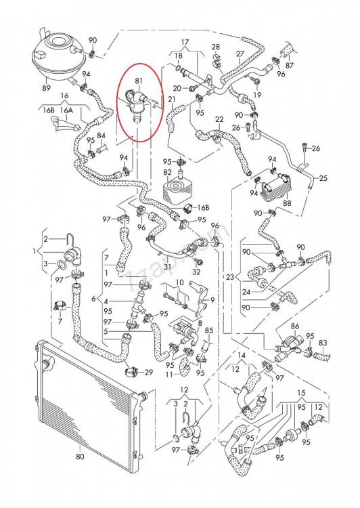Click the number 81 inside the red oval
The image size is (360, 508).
(x=139, y=80)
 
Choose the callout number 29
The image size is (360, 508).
(x=149, y=373)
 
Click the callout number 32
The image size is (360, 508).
(x=196, y=271)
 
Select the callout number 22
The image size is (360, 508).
(x=219, y=120)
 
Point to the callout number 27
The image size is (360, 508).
(x=240, y=54)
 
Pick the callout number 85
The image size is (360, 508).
(x=209, y=331)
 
